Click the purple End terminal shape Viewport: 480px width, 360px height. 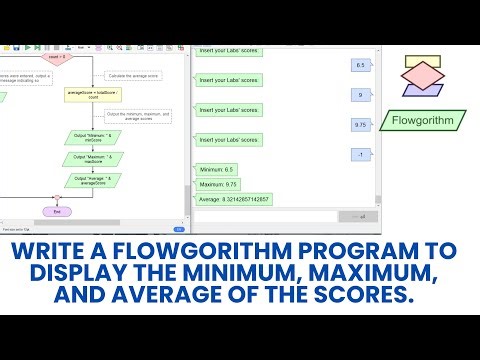57,211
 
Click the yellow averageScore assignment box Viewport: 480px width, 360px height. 94,96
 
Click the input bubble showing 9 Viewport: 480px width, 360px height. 360,95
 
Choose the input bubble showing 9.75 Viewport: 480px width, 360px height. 362,124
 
